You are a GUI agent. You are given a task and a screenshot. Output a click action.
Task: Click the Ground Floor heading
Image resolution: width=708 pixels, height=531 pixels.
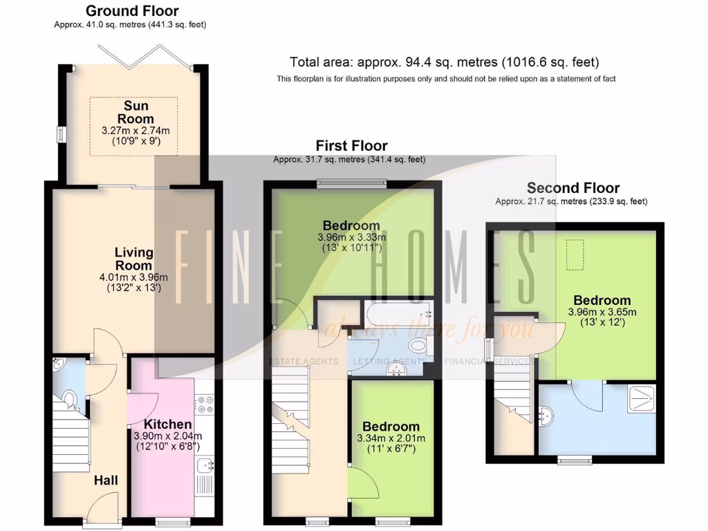pyautogui.click(x=131, y=11)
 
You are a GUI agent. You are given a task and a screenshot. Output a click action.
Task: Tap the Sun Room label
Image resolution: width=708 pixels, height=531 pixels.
pyautogui.click(x=136, y=112)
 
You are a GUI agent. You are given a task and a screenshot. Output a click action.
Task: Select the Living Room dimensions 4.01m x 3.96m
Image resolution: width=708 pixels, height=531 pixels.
pyautogui.click(x=134, y=277)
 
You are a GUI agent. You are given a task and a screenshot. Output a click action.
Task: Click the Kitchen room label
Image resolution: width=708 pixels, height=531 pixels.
pyautogui.click(x=168, y=424)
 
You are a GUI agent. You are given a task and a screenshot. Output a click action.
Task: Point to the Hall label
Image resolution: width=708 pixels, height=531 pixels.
pyautogui.click(x=106, y=481)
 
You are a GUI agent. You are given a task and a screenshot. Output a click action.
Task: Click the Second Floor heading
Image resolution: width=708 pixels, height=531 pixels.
pyautogui.click(x=573, y=188)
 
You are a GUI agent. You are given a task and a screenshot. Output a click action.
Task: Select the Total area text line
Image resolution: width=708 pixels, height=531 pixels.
pyautogui.click(x=444, y=62)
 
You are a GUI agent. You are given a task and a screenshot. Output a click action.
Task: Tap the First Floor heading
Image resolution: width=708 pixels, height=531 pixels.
pyautogui.click(x=351, y=146)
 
